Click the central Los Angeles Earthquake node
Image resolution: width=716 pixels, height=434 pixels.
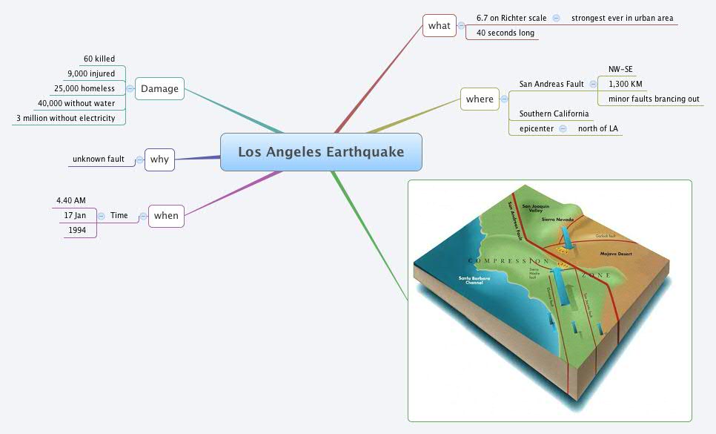point(321,152)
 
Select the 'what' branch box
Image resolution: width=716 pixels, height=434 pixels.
point(439,26)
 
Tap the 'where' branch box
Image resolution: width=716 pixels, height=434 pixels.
point(480,99)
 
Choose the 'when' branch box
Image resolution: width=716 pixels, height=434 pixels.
point(166,216)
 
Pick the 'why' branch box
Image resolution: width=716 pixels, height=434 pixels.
point(159,160)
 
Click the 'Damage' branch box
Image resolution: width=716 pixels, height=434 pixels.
point(160,89)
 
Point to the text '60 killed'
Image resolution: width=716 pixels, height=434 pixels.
point(99,59)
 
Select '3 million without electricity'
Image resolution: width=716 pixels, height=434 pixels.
point(66,118)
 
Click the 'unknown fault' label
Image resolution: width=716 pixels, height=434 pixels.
point(99,160)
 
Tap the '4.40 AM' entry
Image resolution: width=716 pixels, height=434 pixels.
point(71,200)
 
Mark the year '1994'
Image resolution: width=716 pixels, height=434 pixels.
point(77,230)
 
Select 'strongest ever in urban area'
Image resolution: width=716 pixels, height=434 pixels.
point(623,18)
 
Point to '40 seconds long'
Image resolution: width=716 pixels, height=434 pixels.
point(505,33)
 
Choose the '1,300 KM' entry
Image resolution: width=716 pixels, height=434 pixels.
point(626,84)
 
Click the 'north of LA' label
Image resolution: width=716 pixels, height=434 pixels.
point(598,128)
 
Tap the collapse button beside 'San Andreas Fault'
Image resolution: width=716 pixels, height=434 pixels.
point(593,85)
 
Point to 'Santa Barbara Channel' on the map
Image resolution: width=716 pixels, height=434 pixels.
point(475,280)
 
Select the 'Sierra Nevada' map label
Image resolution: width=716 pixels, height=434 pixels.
point(557,220)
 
